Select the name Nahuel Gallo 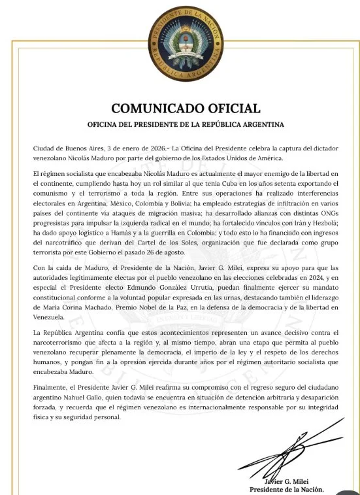tap(81, 398)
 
